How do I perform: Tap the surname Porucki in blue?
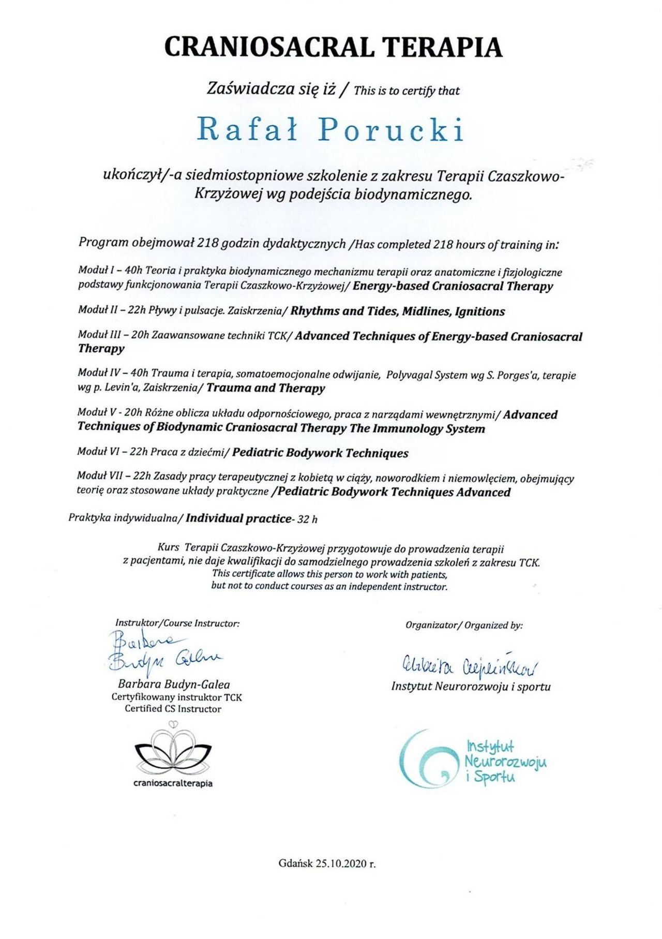(391, 130)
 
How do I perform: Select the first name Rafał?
(248, 130)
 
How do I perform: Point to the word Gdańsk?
(295, 863)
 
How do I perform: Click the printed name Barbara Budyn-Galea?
(174, 684)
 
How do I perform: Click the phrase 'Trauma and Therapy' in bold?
(266, 388)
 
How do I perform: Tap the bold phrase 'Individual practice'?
(238, 518)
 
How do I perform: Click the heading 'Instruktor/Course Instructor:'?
(177, 623)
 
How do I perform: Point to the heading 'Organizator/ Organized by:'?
(464, 625)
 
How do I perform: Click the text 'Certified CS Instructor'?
(173, 709)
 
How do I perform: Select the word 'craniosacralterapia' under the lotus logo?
(173, 783)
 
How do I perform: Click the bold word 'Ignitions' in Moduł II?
(480, 311)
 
